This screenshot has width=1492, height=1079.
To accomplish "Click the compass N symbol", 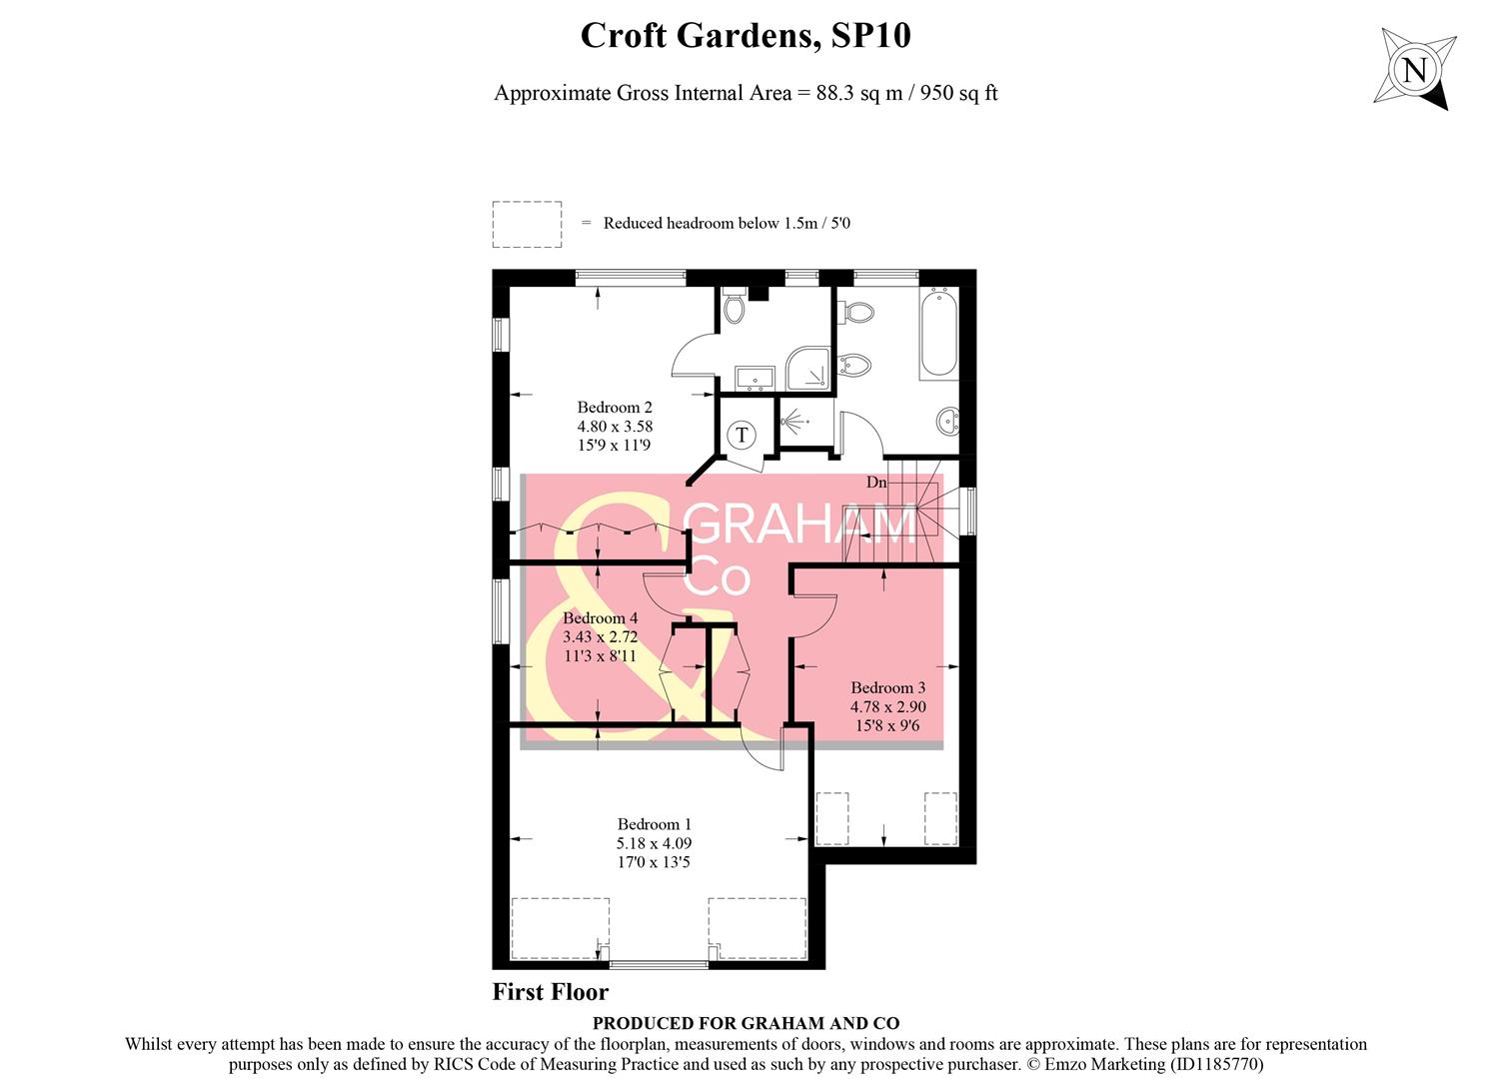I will (1414, 70).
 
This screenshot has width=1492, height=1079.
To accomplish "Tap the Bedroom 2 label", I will (615, 408).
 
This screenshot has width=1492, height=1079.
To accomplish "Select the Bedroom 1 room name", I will (655, 824).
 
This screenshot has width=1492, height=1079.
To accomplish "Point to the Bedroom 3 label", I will (887, 687).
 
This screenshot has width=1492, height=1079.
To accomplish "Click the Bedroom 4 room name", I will (600, 618).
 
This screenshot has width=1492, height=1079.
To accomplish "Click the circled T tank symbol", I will (742, 435).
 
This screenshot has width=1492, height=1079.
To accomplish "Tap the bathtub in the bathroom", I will (938, 333).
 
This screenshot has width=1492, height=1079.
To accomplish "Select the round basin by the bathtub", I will (948, 424).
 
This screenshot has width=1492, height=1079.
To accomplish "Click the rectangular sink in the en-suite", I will (753, 378).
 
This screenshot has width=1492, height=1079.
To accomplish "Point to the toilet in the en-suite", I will (735, 306).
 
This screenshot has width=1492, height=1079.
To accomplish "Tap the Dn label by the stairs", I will (876, 483).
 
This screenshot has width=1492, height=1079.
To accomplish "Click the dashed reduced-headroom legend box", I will (527, 224).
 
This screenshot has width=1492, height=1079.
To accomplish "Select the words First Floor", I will (551, 992).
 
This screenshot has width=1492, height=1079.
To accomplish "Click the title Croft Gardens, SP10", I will (746, 36).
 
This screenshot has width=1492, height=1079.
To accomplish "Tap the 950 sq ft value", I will (959, 93).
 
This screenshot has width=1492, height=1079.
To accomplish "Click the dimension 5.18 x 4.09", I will (655, 843).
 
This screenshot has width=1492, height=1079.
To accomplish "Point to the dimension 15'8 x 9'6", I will (887, 726).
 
